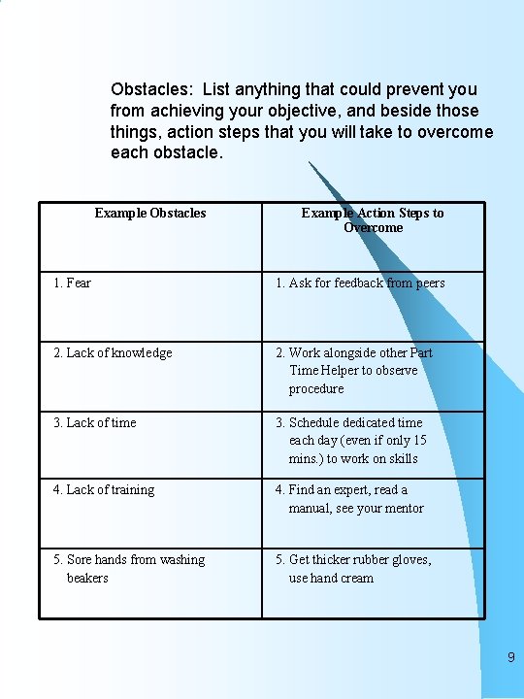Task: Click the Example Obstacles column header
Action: point(150,213)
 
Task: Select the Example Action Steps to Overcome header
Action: point(373,220)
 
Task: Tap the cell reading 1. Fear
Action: point(73,283)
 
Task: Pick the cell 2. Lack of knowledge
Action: point(113,352)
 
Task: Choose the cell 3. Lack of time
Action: point(95,422)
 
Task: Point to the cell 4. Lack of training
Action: point(104,489)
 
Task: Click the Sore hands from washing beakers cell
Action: point(129,568)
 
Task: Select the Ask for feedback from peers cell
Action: point(360,283)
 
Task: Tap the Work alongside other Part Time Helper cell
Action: point(354,370)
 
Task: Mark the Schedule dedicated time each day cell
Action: point(351,440)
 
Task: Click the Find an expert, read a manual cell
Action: point(349,498)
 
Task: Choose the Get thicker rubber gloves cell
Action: point(353,568)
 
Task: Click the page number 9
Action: point(510,658)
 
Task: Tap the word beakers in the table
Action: point(87,578)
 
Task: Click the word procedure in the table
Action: point(315,388)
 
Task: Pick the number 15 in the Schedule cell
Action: point(419,440)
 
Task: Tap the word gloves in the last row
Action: point(409,559)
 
